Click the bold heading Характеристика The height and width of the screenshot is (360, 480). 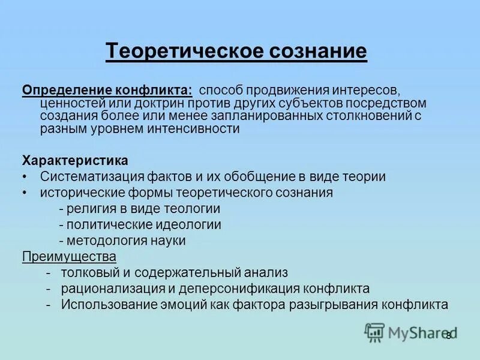[x=75, y=161]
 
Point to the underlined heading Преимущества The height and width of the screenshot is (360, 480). [x=69, y=256]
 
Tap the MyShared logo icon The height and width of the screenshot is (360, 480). [x=375, y=332]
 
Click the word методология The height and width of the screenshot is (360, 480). [x=104, y=241]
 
